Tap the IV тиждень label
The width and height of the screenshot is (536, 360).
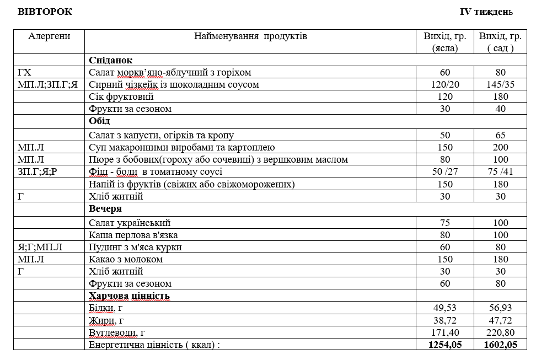point(486,12)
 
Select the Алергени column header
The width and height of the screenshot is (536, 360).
point(49,36)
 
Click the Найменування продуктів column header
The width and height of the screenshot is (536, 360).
point(250,36)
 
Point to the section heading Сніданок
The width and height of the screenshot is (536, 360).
point(111,60)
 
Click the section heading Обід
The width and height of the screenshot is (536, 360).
point(100,121)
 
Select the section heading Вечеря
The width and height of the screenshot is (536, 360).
point(105,209)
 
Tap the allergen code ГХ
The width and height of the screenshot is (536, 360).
point(24,72)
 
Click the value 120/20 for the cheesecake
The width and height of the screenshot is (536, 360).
point(444,84)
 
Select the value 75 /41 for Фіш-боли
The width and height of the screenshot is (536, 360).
point(500,171)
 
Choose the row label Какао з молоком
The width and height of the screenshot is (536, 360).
point(126,259)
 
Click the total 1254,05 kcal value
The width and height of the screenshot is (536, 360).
point(444,345)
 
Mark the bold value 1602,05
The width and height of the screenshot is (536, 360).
point(500,345)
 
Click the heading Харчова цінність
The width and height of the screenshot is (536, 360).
point(129,295)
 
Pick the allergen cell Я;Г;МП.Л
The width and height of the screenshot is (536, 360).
point(40,247)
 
